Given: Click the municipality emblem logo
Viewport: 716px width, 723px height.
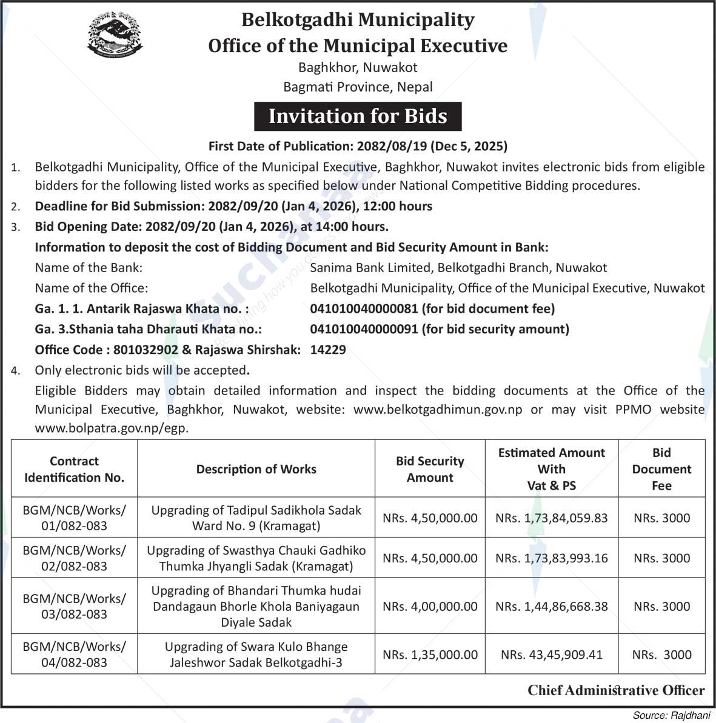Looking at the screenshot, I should (115, 37).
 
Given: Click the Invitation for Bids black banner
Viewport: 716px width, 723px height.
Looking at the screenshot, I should (358, 116).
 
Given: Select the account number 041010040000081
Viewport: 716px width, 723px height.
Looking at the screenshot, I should (364, 308).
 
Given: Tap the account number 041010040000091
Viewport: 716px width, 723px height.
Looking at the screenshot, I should (364, 329).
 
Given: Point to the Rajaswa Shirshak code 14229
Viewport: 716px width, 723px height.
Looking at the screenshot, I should (328, 350).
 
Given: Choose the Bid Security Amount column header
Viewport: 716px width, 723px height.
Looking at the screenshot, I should (430, 469).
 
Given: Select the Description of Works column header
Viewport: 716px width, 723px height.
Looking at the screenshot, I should (256, 469).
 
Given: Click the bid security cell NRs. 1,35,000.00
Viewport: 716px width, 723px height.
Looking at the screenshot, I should (430, 655).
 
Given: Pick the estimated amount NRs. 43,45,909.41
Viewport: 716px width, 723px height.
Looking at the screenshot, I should (552, 655).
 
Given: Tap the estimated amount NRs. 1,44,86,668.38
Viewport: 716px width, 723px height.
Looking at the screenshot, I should (552, 606).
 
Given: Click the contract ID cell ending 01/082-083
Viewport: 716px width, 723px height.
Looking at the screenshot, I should (74, 518).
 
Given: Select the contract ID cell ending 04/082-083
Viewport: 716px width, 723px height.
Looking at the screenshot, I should (74, 655).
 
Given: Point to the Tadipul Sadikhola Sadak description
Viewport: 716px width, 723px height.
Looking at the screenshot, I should (256, 518).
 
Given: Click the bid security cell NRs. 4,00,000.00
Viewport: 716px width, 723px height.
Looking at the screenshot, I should (430, 606).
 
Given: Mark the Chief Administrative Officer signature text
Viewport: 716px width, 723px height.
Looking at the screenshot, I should (616, 690).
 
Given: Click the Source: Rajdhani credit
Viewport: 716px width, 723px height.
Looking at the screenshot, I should (671, 715).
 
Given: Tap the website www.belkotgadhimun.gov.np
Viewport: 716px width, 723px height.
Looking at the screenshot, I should (438, 410).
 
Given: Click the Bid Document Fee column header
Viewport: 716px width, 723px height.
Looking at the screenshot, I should (661, 469).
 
